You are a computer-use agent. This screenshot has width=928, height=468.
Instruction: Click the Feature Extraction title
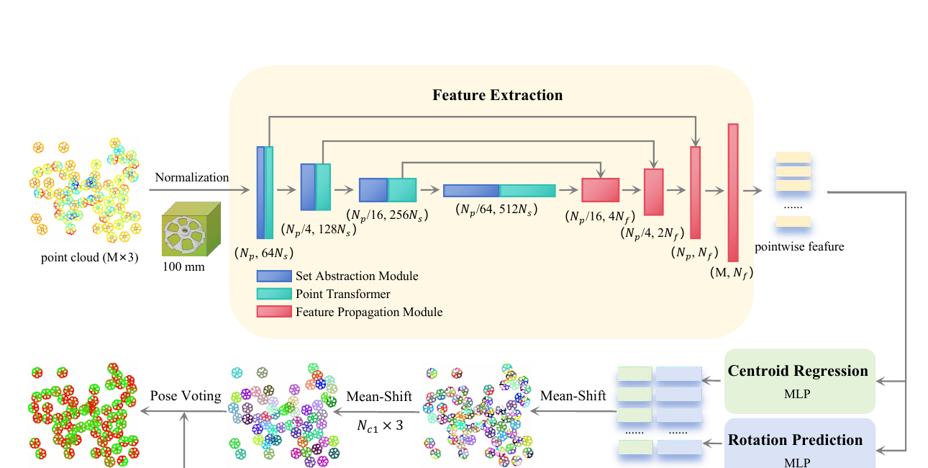click(x=498, y=95)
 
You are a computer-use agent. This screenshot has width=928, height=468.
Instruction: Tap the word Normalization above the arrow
click(x=192, y=177)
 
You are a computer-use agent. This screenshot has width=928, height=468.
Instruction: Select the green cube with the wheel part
click(x=191, y=229)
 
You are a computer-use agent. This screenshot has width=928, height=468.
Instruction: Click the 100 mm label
click(x=183, y=266)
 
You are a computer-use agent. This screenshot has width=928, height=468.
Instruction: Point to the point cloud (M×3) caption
click(x=89, y=258)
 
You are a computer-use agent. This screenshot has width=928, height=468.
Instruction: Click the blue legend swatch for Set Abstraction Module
click(x=274, y=276)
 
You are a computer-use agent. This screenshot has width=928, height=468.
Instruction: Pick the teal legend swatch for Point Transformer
click(x=274, y=294)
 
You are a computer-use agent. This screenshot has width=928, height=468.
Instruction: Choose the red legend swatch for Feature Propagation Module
click(x=274, y=312)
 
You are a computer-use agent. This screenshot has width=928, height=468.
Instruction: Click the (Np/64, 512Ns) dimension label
click(x=496, y=210)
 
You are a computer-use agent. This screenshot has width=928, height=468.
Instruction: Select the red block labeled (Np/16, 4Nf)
click(x=600, y=190)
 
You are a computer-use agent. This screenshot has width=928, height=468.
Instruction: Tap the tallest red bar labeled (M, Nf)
click(x=733, y=193)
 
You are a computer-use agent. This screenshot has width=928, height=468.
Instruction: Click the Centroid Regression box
click(x=799, y=382)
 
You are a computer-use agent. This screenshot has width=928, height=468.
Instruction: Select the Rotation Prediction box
click(x=799, y=444)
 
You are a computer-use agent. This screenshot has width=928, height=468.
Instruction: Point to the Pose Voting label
click(x=186, y=396)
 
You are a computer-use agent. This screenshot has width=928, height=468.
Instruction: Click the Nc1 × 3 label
click(x=380, y=426)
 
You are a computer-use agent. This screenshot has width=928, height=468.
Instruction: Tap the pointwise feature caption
click(x=799, y=247)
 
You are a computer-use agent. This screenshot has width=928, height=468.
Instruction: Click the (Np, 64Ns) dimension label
click(x=264, y=253)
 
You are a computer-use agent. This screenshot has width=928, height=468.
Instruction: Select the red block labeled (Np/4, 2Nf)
click(x=654, y=192)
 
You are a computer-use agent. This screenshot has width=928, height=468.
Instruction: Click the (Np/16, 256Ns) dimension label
click(x=387, y=215)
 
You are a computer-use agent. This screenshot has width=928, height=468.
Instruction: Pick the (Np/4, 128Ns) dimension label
click(x=319, y=230)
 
